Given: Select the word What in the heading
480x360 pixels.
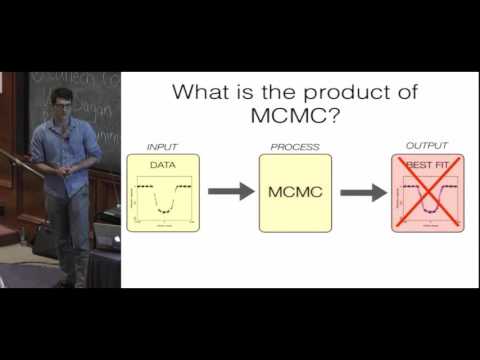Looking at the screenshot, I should pyautogui.click(x=208, y=92).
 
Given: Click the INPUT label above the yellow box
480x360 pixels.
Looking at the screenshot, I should pyautogui.click(x=161, y=147).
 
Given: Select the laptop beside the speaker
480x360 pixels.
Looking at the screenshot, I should pyautogui.click(x=106, y=236).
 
